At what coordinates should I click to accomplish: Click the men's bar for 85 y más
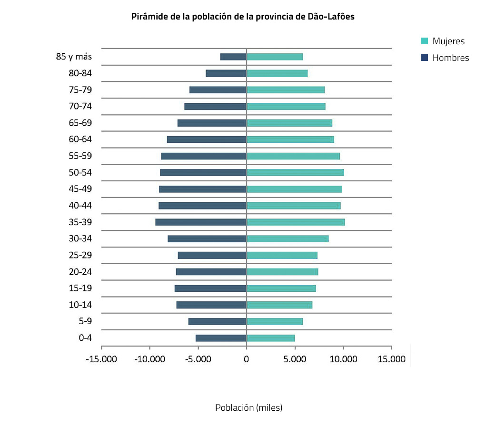tap(233, 57)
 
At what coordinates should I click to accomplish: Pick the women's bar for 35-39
tap(296, 222)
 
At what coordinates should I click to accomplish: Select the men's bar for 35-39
tap(201, 222)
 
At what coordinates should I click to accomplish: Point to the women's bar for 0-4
tap(270, 338)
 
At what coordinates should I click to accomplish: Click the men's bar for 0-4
tap(221, 338)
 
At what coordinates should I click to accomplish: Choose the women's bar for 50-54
tap(295, 172)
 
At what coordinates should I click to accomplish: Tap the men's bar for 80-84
tap(226, 73)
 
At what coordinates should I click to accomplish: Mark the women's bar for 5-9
tap(275, 321)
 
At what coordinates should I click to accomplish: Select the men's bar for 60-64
tap(207, 139)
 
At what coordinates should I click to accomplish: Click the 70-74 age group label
tap(80, 106)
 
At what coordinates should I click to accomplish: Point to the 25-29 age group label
tap(80, 255)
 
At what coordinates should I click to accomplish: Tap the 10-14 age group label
tap(80, 305)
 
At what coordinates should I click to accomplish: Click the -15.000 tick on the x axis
tap(101, 359)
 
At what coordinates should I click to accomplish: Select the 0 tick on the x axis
tap(246, 359)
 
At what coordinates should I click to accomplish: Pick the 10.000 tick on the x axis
tap(343, 359)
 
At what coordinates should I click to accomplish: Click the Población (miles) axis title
tap(248, 408)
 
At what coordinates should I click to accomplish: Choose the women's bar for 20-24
tap(282, 272)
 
